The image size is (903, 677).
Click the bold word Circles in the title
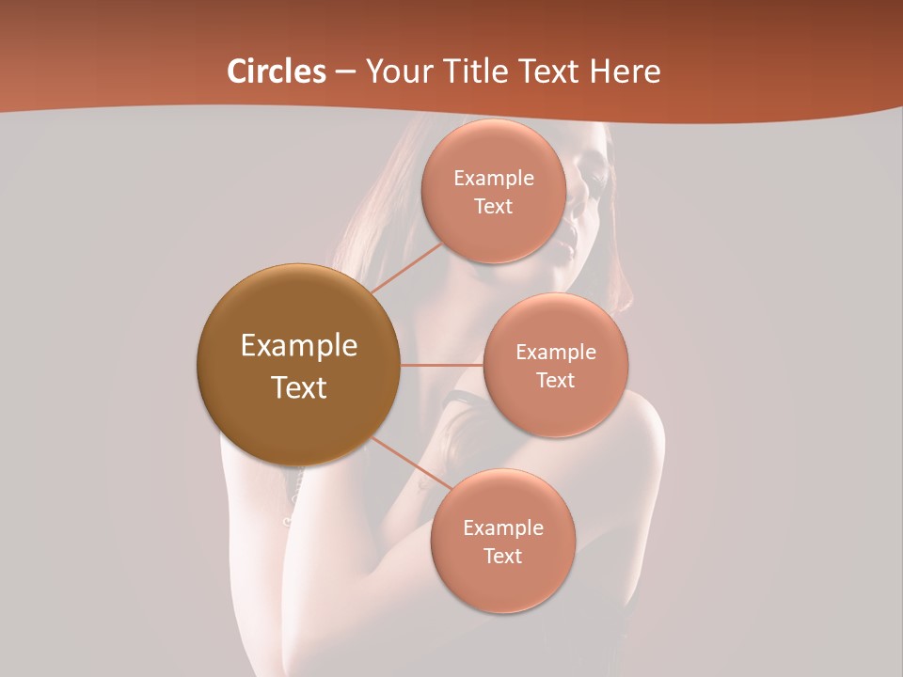(x=277, y=71)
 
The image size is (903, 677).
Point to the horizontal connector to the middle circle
(x=442, y=365)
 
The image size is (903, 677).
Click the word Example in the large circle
(x=299, y=346)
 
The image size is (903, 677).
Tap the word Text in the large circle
(x=299, y=387)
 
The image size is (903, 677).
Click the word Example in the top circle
(x=494, y=179)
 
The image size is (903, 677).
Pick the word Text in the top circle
(x=494, y=207)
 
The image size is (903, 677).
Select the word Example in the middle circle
(x=556, y=353)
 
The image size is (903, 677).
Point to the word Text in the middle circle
(x=556, y=381)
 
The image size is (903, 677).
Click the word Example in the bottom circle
(x=502, y=528)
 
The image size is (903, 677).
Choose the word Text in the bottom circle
(x=502, y=557)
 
